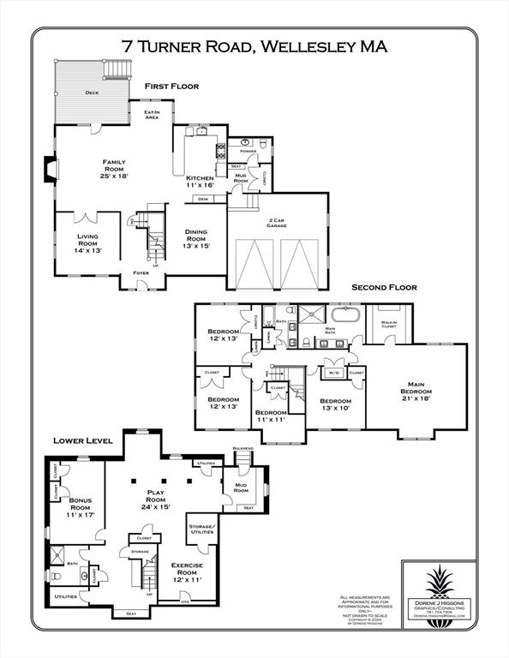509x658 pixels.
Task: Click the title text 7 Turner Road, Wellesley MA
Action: pyautogui.click(x=254, y=46)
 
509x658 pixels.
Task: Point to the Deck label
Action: pyautogui.click(x=92, y=93)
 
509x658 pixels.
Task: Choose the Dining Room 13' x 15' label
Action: pyautogui.click(x=197, y=238)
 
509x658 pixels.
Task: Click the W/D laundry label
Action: pyautogui.click(x=333, y=372)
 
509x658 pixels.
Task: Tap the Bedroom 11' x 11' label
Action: pyautogui.click(x=272, y=417)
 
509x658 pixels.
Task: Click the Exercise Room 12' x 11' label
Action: pyautogui.click(x=186, y=571)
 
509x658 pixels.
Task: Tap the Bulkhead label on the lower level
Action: pyautogui.click(x=243, y=448)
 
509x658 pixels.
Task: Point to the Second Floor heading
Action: pyautogui.click(x=382, y=288)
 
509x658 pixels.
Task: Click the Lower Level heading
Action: pyautogui.click(x=83, y=440)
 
